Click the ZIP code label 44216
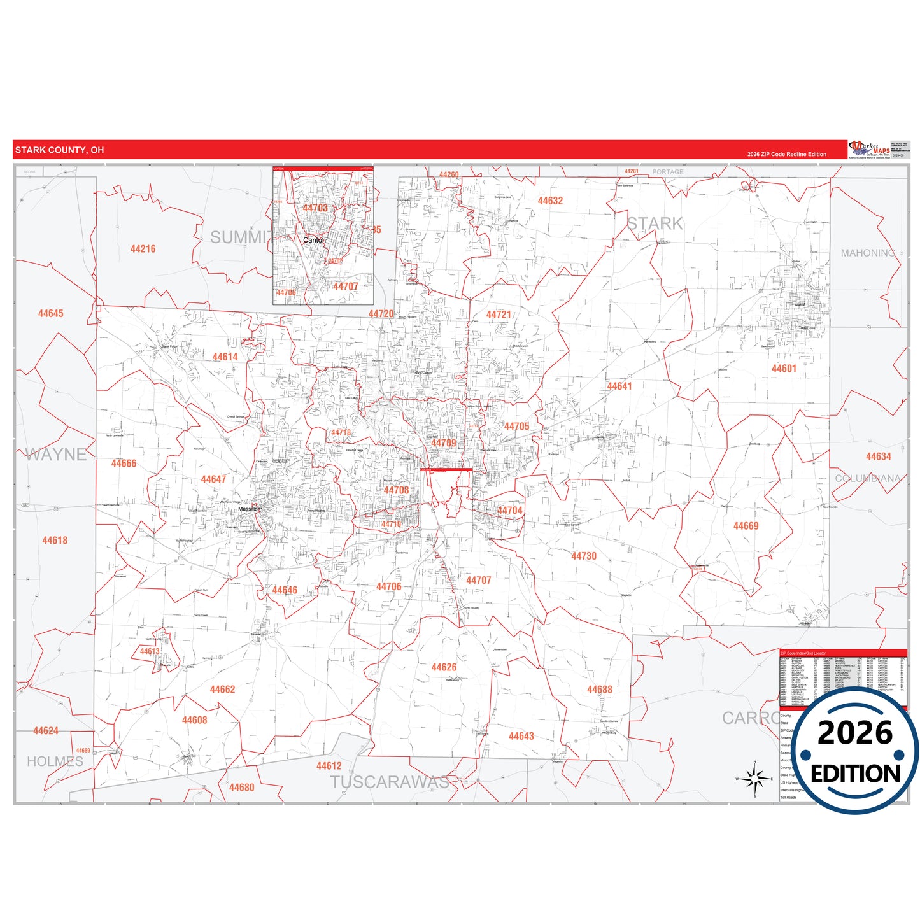143,249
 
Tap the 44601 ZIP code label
784,369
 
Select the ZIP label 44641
619,386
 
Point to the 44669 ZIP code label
746,526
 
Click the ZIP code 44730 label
583,556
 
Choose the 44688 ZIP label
599,690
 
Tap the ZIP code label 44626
444,667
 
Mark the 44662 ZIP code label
222,690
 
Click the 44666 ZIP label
124,464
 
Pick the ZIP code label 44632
550,201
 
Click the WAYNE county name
56,455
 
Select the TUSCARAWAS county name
389,782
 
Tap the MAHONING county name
867,253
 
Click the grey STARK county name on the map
655,223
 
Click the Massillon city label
249,509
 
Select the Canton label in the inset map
314,240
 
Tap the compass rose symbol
754,778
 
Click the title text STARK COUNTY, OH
59,150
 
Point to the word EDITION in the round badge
855,774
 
